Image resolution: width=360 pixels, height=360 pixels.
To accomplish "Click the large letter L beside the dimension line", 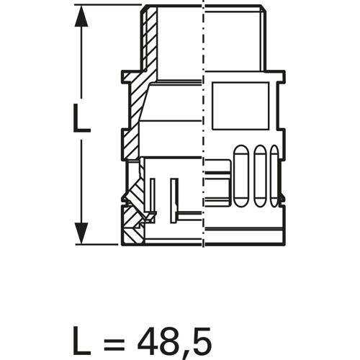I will coord(82,118).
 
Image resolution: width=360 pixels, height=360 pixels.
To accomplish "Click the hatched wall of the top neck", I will coord(151,43).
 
